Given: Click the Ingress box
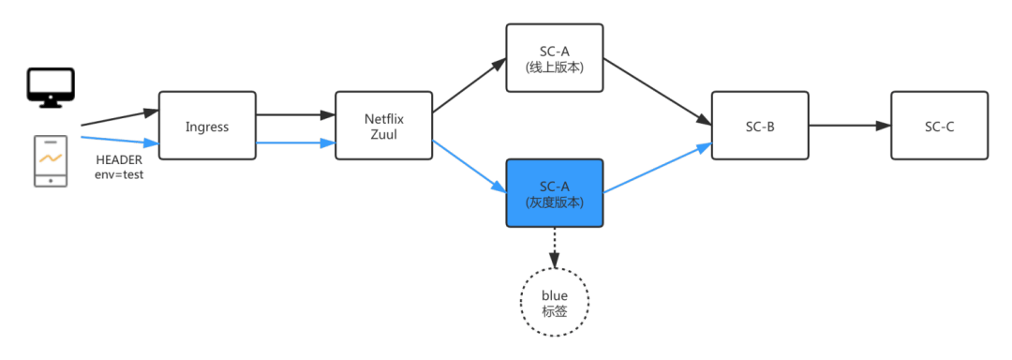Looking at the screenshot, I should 207,125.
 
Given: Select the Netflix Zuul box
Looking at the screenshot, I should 384,125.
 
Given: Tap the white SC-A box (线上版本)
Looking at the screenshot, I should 554,58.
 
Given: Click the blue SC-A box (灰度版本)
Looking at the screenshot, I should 554,192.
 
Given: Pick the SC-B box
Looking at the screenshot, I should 760,125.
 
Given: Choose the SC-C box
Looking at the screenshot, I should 939,125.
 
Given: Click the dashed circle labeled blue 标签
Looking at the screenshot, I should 555,302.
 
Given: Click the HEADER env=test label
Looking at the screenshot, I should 119,168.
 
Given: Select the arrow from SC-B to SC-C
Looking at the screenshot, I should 849,125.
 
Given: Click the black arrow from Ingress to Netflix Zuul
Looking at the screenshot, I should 295,116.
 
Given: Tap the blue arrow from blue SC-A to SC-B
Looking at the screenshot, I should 656,170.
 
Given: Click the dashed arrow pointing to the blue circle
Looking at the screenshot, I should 555,247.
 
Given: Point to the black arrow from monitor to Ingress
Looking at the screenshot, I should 119,117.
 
